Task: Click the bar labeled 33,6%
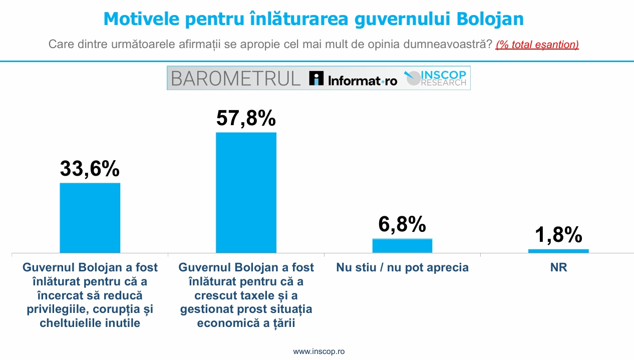click(90, 218)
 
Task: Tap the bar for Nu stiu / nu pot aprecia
click(402, 246)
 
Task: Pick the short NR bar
click(558, 251)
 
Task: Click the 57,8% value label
click(246, 118)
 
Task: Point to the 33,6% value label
click(90, 168)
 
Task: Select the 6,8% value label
click(402, 224)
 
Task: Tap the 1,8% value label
click(558, 234)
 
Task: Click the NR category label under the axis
click(558, 267)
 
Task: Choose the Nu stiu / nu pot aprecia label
click(402, 267)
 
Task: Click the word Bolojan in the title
click(490, 19)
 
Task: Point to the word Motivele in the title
click(141, 19)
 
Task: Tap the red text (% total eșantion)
click(537, 45)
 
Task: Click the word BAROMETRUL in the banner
click(235, 79)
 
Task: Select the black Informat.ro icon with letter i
click(316, 78)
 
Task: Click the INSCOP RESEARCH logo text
click(443, 78)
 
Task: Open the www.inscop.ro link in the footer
click(319, 351)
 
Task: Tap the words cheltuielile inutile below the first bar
click(90, 323)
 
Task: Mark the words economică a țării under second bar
click(246, 323)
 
